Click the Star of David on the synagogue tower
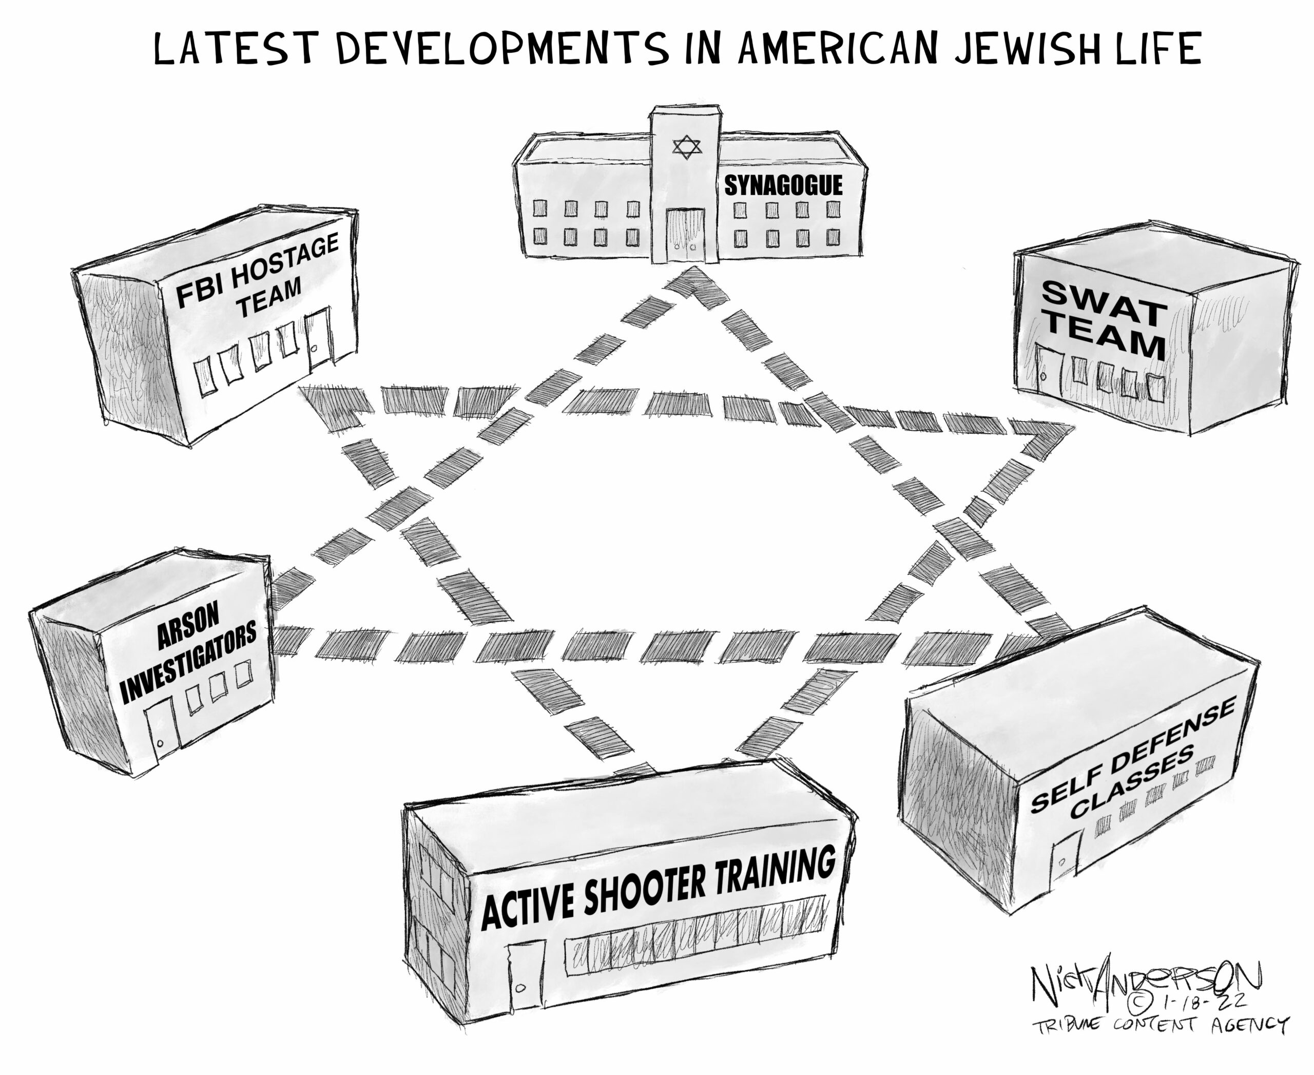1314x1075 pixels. point(687,147)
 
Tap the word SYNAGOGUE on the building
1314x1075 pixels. point(783,185)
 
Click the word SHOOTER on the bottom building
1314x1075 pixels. point(644,888)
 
